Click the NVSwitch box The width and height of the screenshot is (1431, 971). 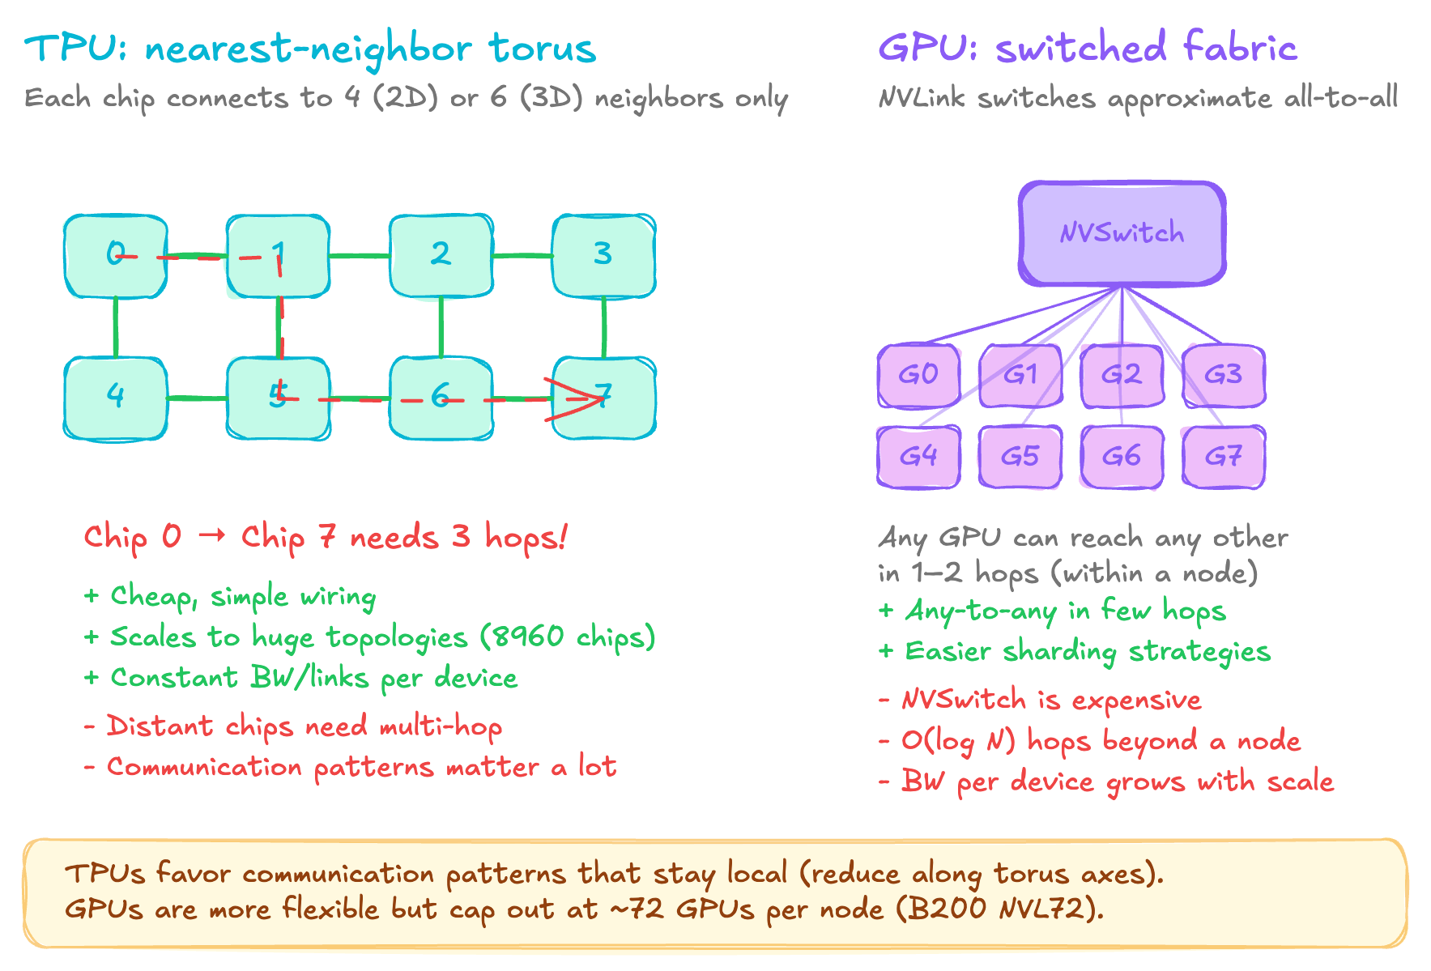click(1122, 233)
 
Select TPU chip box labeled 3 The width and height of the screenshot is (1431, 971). click(603, 255)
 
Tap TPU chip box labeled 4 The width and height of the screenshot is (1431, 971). click(116, 398)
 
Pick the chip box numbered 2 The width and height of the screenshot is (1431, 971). click(441, 255)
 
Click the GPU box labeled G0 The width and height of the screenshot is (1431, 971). click(918, 376)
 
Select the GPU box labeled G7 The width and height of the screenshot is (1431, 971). click(1223, 457)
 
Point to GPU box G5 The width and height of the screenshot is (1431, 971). click(1020, 457)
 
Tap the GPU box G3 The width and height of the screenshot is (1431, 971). click(1223, 376)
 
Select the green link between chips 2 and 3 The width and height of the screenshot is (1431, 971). click(522, 256)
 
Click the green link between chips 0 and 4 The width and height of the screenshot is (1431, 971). click(116, 327)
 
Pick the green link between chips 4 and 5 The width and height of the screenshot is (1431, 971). click(197, 398)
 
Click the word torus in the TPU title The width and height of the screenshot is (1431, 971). click(542, 49)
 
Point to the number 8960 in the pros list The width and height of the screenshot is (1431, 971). click(527, 637)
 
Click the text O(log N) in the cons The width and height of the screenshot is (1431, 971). click(958, 741)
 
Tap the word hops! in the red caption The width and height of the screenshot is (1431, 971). click(526, 537)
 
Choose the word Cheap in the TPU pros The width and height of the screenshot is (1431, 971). click(151, 597)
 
